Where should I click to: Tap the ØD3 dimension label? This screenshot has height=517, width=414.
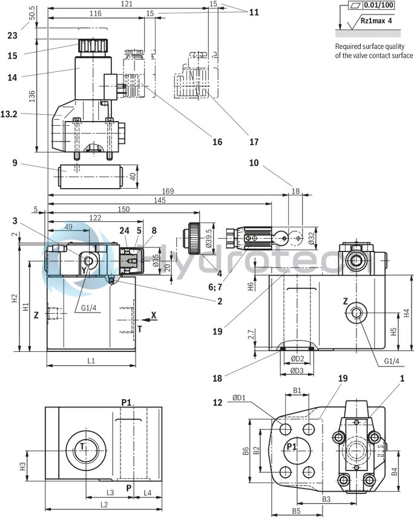tap(296, 370)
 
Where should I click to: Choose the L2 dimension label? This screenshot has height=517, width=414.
tap(103, 504)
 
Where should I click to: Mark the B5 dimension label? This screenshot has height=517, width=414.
tap(296, 511)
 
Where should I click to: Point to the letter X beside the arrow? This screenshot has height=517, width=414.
tap(154, 315)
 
